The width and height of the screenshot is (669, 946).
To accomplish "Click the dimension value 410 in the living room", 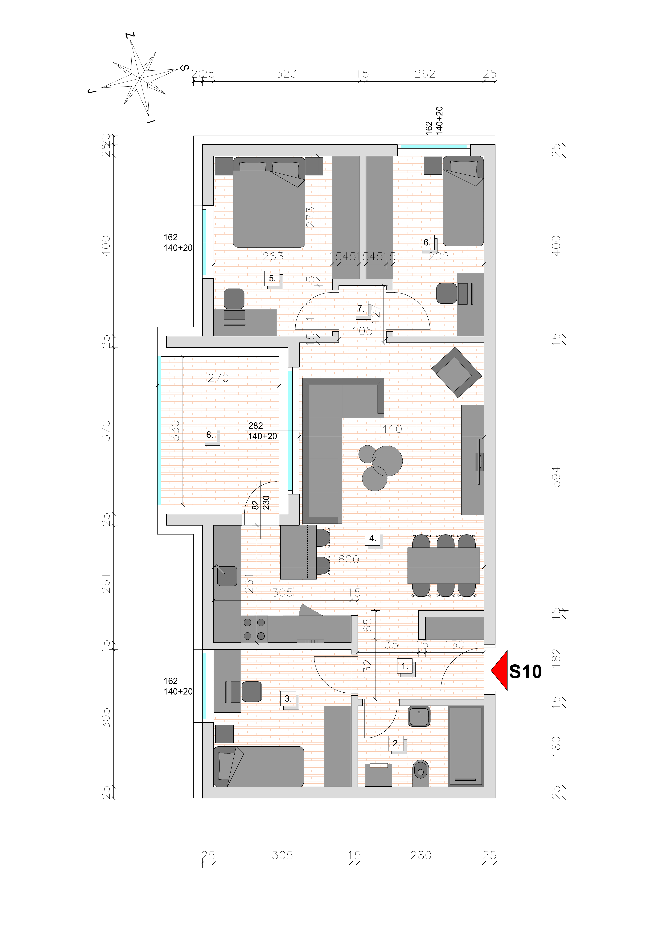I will click(x=391, y=429).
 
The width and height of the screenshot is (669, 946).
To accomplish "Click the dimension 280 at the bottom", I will click(x=421, y=856).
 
